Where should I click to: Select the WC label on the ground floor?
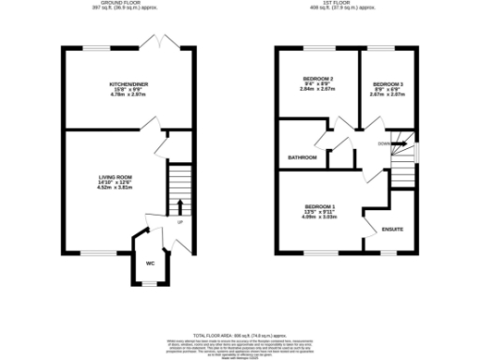150,263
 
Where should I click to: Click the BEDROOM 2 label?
319,78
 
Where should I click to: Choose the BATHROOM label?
302,157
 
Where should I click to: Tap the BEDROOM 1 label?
320,206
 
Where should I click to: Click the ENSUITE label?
392,229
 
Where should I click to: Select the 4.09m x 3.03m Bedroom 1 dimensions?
320,217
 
